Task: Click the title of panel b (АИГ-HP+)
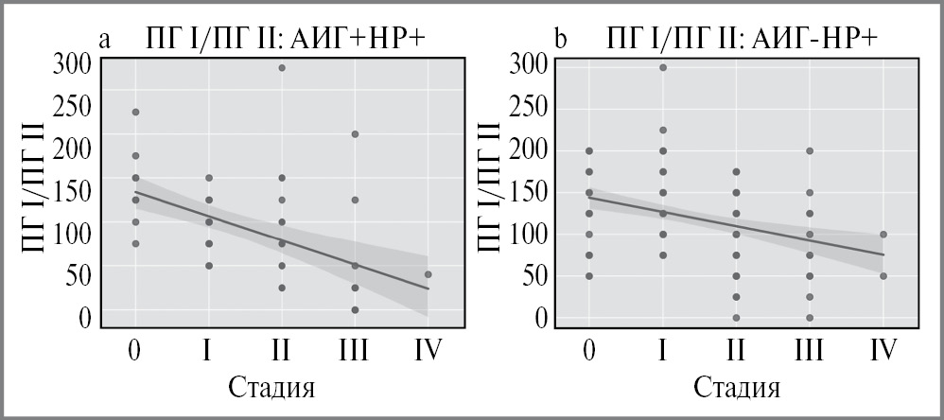tap(743, 39)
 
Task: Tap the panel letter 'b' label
tap(561, 40)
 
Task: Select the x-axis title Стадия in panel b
tap(737, 389)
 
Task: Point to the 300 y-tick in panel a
tap(71, 64)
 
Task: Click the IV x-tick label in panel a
tap(427, 352)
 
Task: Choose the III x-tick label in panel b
tap(810, 352)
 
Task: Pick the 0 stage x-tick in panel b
tap(589, 352)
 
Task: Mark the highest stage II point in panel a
tap(282, 68)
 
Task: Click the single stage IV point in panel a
tap(428, 274)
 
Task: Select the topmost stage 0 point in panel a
tap(135, 112)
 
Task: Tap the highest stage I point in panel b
tap(663, 67)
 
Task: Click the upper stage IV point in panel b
tap(883, 235)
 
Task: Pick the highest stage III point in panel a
tap(355, 134)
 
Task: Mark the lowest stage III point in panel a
tap(355, 309)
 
